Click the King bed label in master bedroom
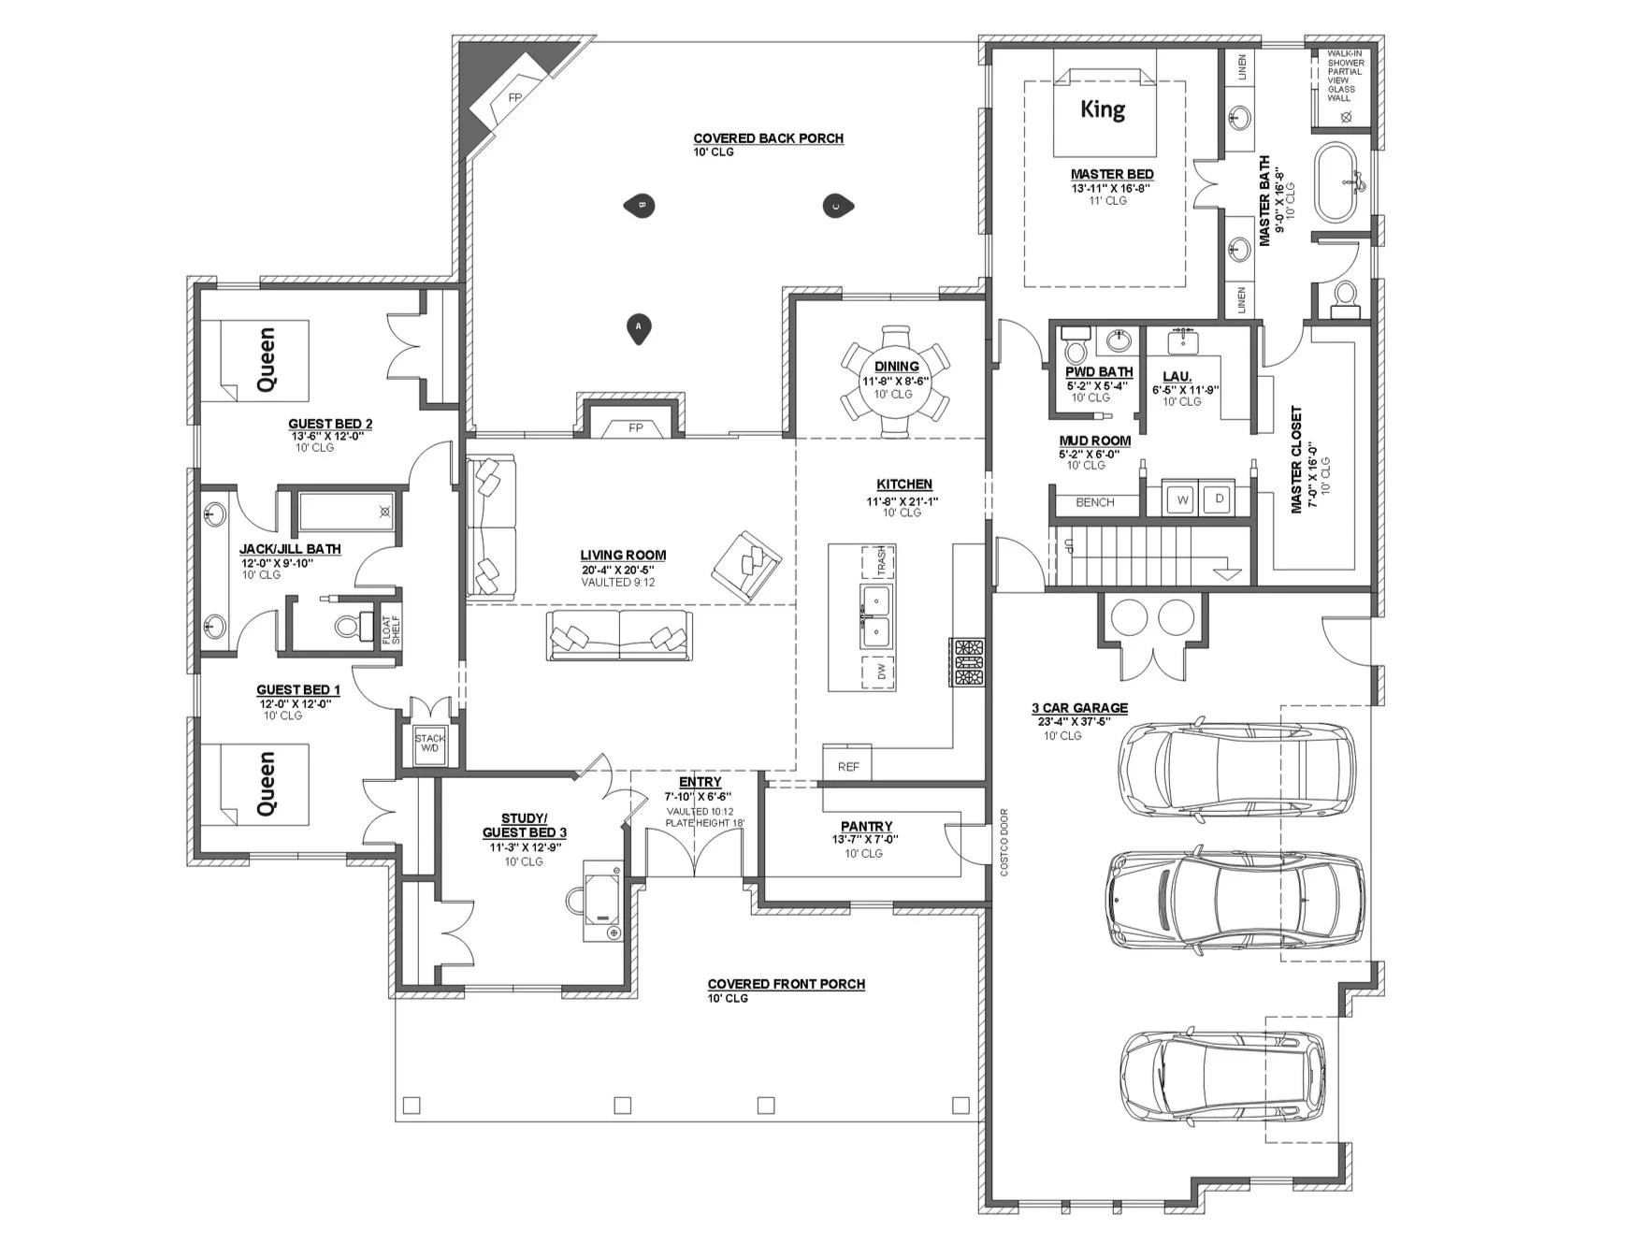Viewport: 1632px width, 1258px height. click(x=1103, y=109)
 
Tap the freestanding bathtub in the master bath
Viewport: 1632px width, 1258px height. click(x=1339, y=181)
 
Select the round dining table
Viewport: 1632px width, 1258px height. click(x=896, y=380)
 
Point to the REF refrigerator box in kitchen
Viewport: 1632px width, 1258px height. click(x=847, y=766)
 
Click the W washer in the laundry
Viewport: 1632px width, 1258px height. click(x=1182, y=499)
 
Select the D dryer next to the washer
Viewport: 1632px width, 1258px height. click(x=1219, y=499)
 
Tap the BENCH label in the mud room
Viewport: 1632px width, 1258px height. click(x=1094, y=502)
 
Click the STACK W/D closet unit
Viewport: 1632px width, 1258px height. click(x=430, y=744)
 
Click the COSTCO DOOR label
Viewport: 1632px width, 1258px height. click(x=1004, y=842)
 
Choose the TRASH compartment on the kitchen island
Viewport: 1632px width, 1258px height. click(x=879, y=561)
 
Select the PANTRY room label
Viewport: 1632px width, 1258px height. click(x=866, y=827)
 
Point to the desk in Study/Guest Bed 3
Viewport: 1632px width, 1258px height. click(x=603, y=901)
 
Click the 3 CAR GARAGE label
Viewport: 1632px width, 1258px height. click(x=1079, y=708)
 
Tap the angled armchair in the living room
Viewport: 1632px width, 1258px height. click(x=745, y=566)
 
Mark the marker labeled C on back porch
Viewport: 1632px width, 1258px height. click(x=835, y=206)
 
